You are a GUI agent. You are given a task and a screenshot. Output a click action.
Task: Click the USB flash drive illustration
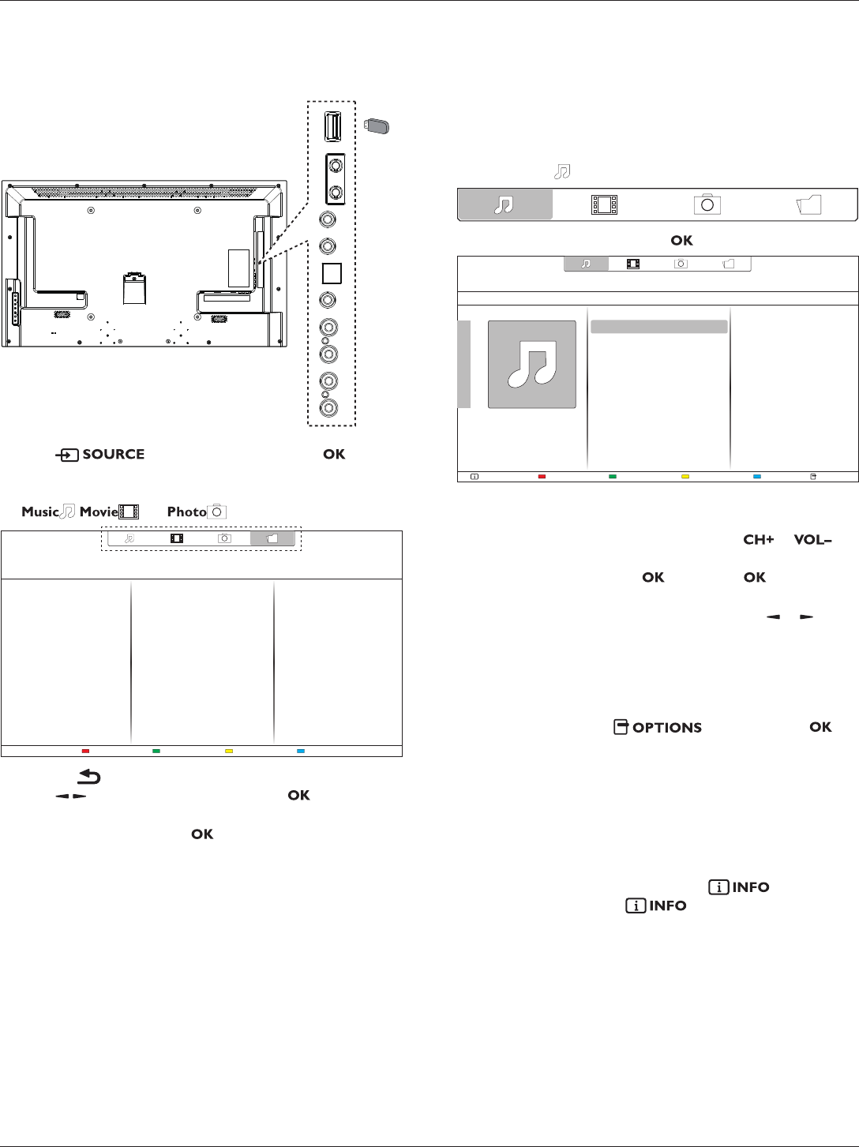click(x=376, y=126)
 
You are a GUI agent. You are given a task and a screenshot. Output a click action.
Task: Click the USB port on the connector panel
click(x=333, y=126)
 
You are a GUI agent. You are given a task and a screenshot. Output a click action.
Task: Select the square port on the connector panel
click(x=332, y=273)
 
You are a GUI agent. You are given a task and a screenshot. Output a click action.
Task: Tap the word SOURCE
click(x=114, y=454)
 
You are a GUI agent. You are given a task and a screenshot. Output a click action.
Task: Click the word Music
click(x=39, y=512)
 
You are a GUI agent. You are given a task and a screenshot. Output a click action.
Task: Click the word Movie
click(x=99, y=512)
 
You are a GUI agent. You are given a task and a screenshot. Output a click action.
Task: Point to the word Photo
click(x=186, y=512)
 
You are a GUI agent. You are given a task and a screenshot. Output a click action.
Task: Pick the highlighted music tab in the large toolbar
click(x=505, y=204)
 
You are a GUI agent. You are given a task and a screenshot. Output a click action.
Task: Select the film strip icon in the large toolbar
click(x=604, y=204)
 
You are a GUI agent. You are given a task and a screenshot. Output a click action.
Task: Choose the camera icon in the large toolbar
click(x=707, y=204)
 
